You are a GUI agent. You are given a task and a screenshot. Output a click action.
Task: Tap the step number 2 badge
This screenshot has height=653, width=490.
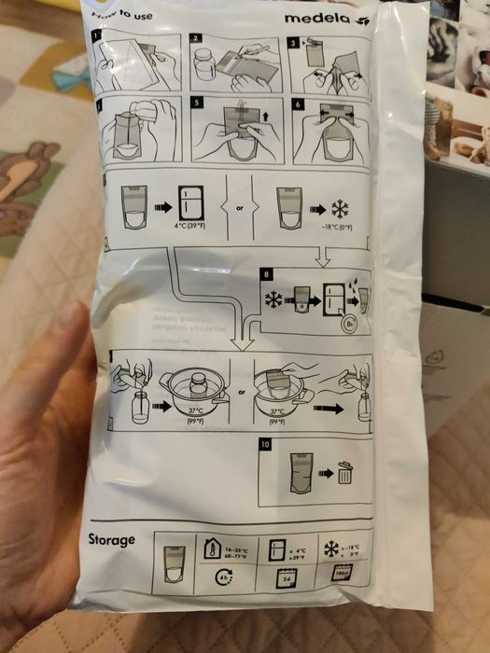196,39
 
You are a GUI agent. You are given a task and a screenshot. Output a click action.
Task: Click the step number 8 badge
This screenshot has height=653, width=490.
269,273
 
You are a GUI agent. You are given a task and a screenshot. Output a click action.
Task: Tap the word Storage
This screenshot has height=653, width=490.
112,539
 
